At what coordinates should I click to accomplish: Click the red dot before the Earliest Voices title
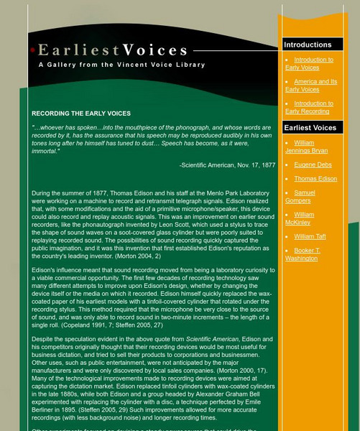coord(33,50)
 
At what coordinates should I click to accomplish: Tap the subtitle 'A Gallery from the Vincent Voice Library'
coord(121,65)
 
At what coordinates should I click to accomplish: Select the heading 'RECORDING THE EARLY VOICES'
coord(81,113)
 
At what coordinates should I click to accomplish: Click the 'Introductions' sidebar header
coord(308,45)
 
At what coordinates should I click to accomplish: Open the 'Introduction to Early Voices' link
coord(309,64)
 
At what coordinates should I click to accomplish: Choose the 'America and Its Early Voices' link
coord(311,85)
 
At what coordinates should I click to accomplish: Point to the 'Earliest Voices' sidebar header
coord(310,128)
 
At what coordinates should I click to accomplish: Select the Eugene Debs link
coord(313,165)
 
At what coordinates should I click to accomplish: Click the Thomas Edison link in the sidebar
coord(315,178)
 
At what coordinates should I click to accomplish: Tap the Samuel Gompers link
coord(305,196)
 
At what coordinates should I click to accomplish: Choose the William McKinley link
coord(305,218)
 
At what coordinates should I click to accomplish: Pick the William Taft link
coord(310,236)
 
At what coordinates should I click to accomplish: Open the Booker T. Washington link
coord(306,254)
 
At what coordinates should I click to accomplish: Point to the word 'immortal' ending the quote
coord(47,152)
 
